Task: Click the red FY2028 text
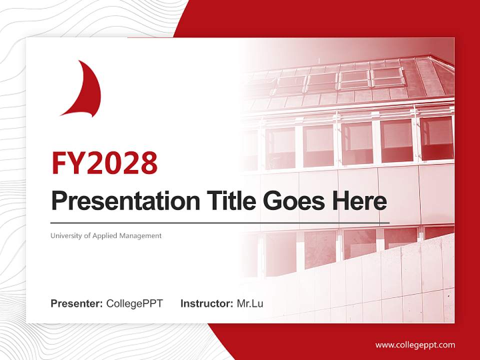coord(104,162)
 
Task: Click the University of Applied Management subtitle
coord(106,235)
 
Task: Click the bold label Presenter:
coord(77,303)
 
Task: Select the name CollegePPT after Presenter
coord(134,303)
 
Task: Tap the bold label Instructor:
coord(206,303)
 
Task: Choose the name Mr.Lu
coord(250,303)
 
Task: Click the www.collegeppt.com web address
coord(415,345)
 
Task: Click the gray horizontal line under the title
coord(220,223)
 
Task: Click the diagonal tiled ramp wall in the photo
coord(400,280)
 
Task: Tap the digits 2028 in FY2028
coord(122,162)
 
